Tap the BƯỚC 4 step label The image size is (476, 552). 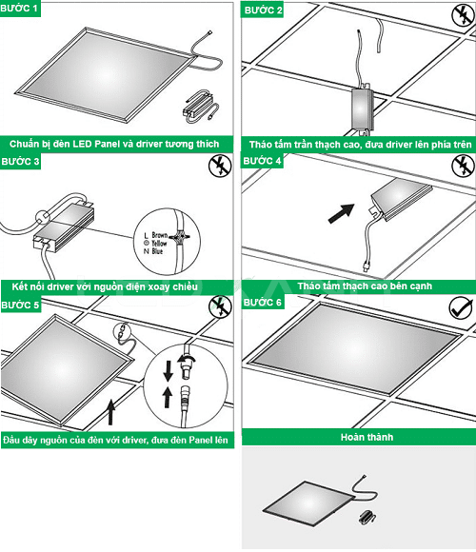click(264, 162)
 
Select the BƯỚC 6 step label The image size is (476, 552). click(264, 303)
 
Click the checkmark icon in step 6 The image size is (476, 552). click(461, 308)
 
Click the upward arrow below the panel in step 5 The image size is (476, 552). click(112, 411)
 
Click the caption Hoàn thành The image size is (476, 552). click(358, 438)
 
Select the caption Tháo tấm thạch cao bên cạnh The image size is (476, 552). click(358, 285)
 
